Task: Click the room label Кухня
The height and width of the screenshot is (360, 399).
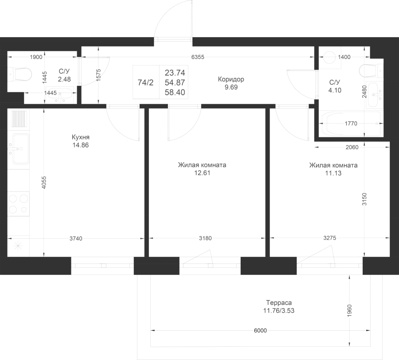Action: pyautogui.click(x=80, y=137)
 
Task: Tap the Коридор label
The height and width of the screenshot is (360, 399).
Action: pyautogui.click(x=231, y=79)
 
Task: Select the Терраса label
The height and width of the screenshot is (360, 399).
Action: pyautogui.click(x=279, y=302)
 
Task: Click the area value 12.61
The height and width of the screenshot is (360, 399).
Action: pyautogui.click(x=202, y=173)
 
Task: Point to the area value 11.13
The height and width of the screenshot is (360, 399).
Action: pyautogui.click(x=333, y=174)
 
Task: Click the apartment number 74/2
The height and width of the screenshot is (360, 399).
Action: pyautogui.click(x=145, y=83)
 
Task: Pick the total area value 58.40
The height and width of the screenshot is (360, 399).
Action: pyautogui.click(x=175, y=92)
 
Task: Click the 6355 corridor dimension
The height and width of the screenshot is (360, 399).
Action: pyautogui.click(x=198, y=57)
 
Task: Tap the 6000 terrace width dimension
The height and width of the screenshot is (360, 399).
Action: pyautogui.click(x=260, y=330)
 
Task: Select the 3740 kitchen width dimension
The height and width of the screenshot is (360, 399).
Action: pyautogui.click(x=76, y=239)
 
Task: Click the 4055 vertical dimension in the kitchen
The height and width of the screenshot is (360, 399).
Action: pyautogui.click(x=44, y=182)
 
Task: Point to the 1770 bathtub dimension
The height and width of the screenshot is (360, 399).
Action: pyautogui.click(x=351, y=124)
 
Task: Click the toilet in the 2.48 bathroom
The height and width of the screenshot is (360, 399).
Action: pyautogui.click(x=20, y=74)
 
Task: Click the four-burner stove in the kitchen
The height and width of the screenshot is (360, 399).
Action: pyautogui.click(x=18, y=204)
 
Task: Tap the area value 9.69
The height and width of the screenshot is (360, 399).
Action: pyautogui.click(x=231, y=88)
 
